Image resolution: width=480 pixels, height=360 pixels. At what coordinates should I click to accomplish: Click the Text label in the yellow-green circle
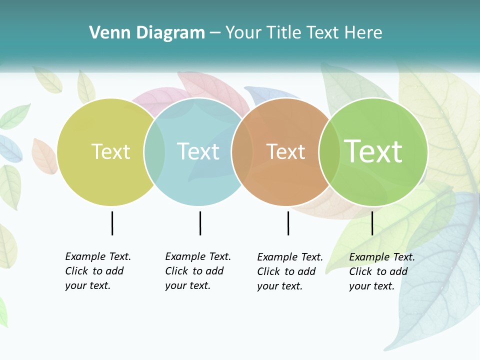click(110, 151)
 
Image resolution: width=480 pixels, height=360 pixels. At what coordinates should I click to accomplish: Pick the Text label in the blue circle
click(198, 151)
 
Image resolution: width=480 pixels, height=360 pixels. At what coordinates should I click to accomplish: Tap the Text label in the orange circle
click(285, 151)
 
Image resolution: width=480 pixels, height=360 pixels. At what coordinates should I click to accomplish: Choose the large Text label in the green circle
click(373, 151)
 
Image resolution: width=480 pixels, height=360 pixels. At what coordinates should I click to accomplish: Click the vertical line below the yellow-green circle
click(112, 223)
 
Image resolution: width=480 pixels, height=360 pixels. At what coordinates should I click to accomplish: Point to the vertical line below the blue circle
click(200, 223)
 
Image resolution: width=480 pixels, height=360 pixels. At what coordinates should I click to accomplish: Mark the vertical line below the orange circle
click(288, 223)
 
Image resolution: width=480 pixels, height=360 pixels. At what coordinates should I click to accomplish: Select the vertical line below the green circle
click(372, 223)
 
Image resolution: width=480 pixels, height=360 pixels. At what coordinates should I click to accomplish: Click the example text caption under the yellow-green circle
click(98, 271)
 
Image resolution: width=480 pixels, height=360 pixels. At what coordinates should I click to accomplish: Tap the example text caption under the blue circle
click(198, 271)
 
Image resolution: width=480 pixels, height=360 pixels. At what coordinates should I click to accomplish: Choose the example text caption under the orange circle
click(290, 271)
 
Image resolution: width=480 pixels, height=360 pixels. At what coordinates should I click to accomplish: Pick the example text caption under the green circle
click(382, 271)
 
